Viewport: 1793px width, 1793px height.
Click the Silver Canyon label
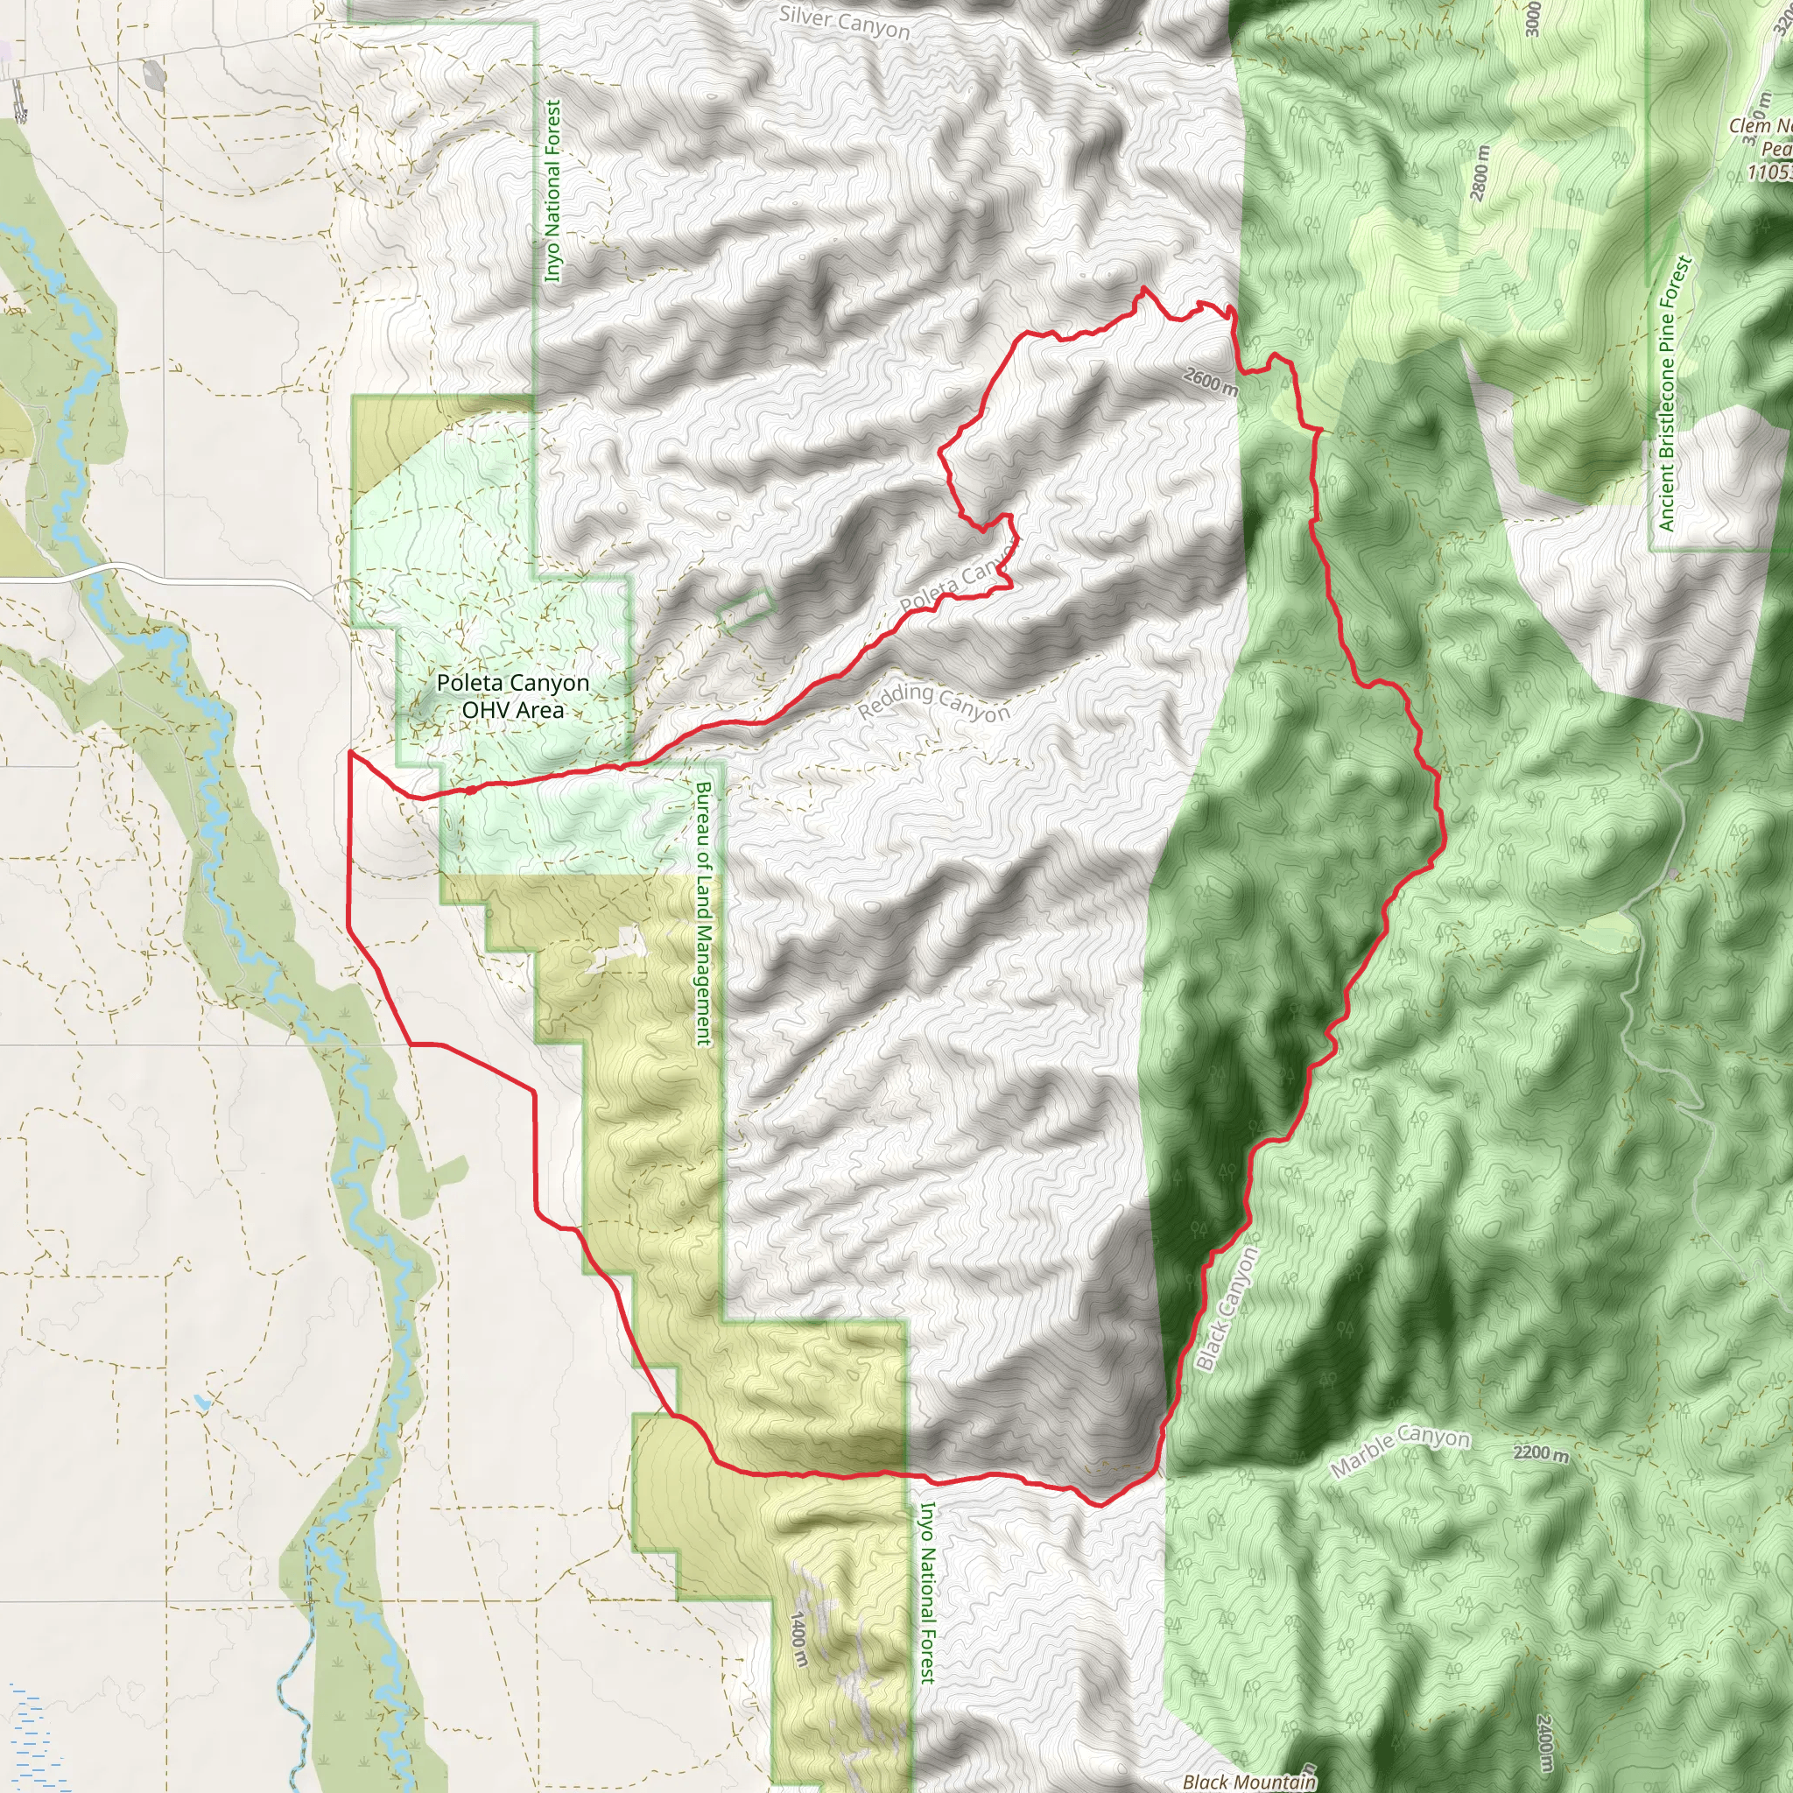[x=845, y=22]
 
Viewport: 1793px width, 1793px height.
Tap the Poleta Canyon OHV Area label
[x=513, y=696]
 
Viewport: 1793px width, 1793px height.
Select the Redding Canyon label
[x=933, y=701]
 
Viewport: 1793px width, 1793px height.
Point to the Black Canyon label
[x=1227, y=1310]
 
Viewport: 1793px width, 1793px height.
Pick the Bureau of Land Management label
[x=705, y=913]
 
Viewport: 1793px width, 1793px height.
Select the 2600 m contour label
[x=1210, y=381]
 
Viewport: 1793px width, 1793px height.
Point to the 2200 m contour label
[x=1541, y=1453]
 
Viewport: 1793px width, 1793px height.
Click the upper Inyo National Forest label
[x=553, y=191]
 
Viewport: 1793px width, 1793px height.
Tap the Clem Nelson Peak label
[x=1763, y=149]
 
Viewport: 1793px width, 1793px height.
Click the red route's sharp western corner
[x=350, y=754]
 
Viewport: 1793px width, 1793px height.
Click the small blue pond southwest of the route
[x=201, y=1401]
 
